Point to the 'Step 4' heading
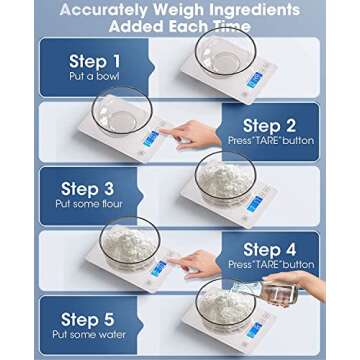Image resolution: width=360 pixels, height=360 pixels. tap(277, 249)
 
